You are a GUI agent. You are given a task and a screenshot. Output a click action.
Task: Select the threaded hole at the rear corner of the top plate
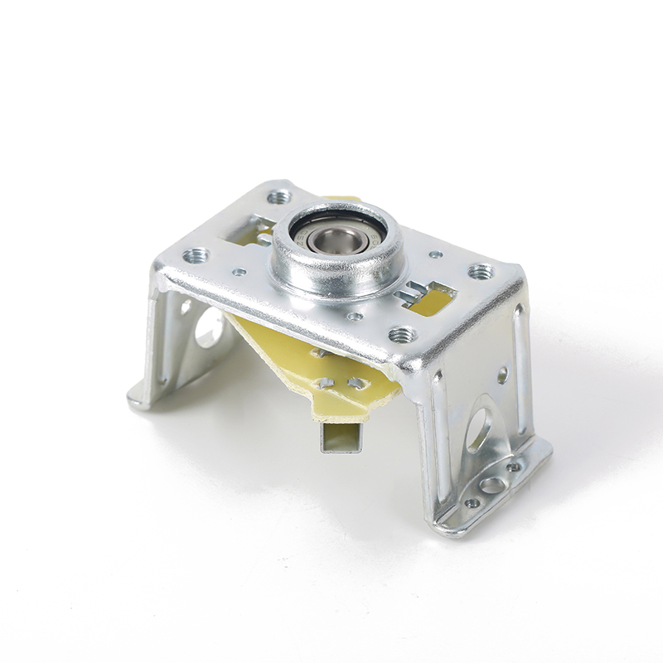click(x=279, y=196)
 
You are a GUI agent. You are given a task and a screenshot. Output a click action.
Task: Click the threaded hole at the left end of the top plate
click(x=196, y=255)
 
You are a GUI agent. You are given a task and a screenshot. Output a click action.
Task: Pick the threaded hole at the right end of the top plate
click(x=481, y=271)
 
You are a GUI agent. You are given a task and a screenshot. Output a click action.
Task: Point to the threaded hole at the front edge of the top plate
click(x=402, y=334)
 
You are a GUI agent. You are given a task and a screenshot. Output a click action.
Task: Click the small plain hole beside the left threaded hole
click(x=239, y=271)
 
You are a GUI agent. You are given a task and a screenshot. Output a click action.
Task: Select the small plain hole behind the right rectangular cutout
click(x=436, y=254)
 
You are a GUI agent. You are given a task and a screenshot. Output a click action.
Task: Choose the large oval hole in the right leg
click(x=478, y=430)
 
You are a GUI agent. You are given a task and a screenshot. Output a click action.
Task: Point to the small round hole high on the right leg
click(x=502, y=375)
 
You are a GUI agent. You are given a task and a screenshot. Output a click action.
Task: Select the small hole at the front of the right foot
click(x=472, y=502)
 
